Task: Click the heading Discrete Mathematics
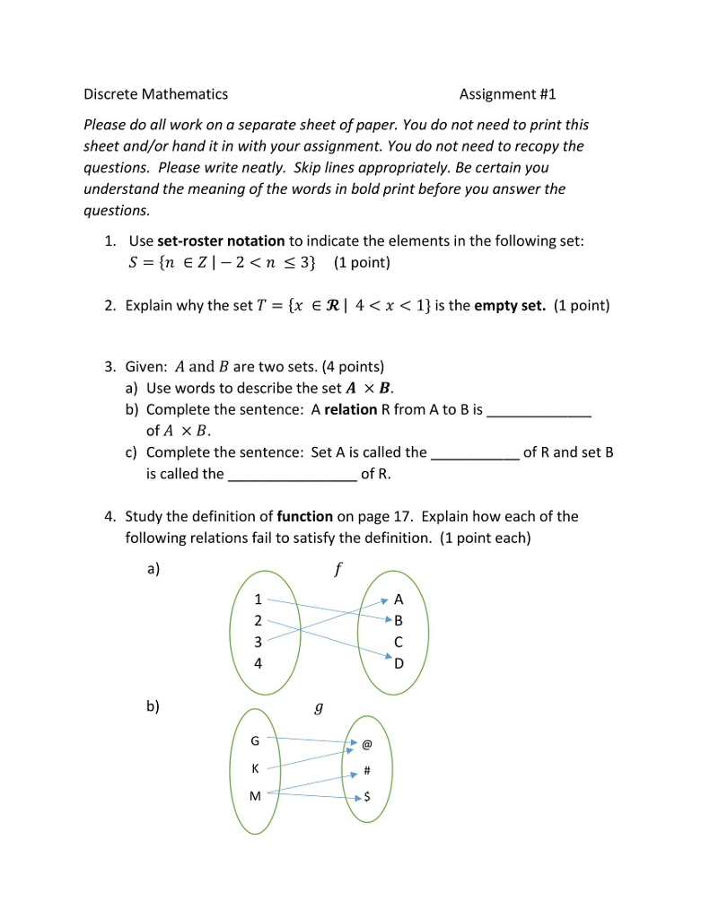click(x=155, y=94)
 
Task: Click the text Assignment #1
click(x=507, y=94)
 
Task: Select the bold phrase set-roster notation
click(x=221, y=241)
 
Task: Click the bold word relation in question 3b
click(x=350, y=410)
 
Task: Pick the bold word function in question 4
click(x=304, y=517)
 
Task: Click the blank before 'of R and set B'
click(x=475, y=455)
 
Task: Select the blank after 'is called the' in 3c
click(x=293, y=477)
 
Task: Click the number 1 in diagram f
click(x=259, y=600)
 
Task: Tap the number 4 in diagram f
click(x=259, y=664)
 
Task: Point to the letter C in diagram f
click(x=399, y=643)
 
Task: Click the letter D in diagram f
click(x=399, y=664)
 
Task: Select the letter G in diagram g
click(x=255, y=741)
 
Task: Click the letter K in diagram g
click(x=255, y=769)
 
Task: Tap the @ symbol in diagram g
click(x=367, y=744)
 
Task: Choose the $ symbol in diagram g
click(x=367, y=797)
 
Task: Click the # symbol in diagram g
click(x=367, y=771)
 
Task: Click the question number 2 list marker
click(x=109, y=306)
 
